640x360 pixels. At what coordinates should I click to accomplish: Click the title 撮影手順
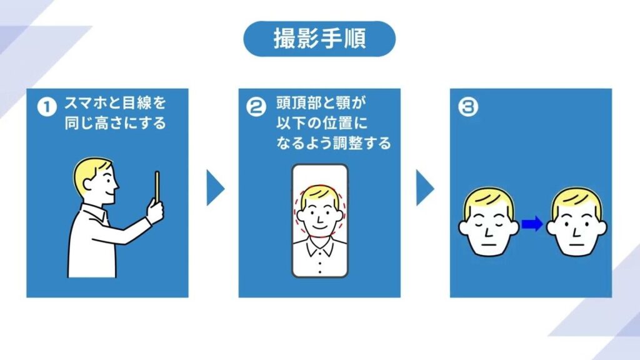(319, 39)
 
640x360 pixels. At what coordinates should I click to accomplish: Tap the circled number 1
(47, 107)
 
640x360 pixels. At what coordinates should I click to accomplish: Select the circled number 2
(256, 107)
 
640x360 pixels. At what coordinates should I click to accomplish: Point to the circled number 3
(467, 107)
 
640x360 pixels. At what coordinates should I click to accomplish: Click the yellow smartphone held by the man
(157, 186)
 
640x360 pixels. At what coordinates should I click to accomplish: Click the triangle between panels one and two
(214, 187)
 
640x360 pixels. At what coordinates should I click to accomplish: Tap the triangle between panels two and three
(424, 187)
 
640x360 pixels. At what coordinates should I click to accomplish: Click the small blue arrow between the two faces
(532, 224)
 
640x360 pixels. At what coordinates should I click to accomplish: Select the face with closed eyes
(489, 222)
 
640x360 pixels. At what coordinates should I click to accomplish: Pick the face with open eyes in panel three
(576, 222)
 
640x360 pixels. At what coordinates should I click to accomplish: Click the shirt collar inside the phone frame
(319, 246)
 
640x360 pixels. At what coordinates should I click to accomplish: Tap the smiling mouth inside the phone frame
(319, 226)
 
